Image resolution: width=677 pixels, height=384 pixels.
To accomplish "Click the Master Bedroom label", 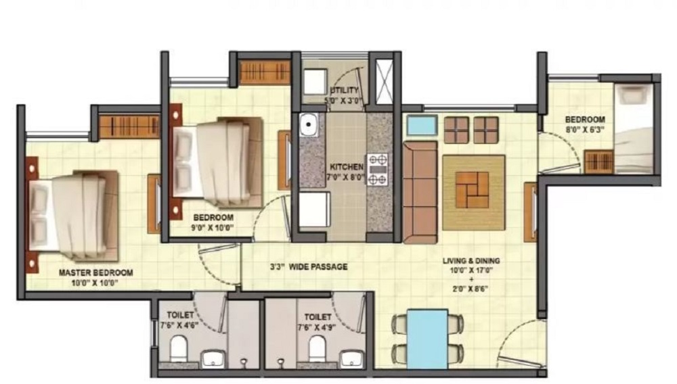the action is click(96, 273).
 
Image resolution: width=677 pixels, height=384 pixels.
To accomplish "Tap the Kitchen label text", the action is click(346, 167).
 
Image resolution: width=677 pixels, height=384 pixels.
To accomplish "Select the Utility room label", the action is click(344, 90).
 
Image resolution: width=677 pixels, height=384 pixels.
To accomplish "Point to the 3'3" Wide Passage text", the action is click(308, 267).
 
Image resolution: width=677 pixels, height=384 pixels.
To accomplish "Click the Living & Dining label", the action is click(471, 261).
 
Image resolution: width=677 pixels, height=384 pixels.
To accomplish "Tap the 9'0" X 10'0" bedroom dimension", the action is click(213, 228).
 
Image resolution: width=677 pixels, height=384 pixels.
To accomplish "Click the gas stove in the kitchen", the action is click(377, 170).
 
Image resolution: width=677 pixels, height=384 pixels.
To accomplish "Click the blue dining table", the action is click(427, 339).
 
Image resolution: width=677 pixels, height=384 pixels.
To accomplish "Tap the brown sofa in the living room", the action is click(420, 192).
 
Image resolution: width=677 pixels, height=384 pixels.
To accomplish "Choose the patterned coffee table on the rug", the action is click(473, 190).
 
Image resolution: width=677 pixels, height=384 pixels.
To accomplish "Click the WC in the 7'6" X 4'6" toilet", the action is click(178, 349).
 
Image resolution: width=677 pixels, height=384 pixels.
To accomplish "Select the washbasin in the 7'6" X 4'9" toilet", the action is click(351, 358).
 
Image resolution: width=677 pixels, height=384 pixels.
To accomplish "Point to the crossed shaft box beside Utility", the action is click(385, 81).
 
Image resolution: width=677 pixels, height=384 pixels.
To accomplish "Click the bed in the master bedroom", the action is click(73, 216).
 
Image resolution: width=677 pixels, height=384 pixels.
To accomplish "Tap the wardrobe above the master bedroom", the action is click(129, 126).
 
